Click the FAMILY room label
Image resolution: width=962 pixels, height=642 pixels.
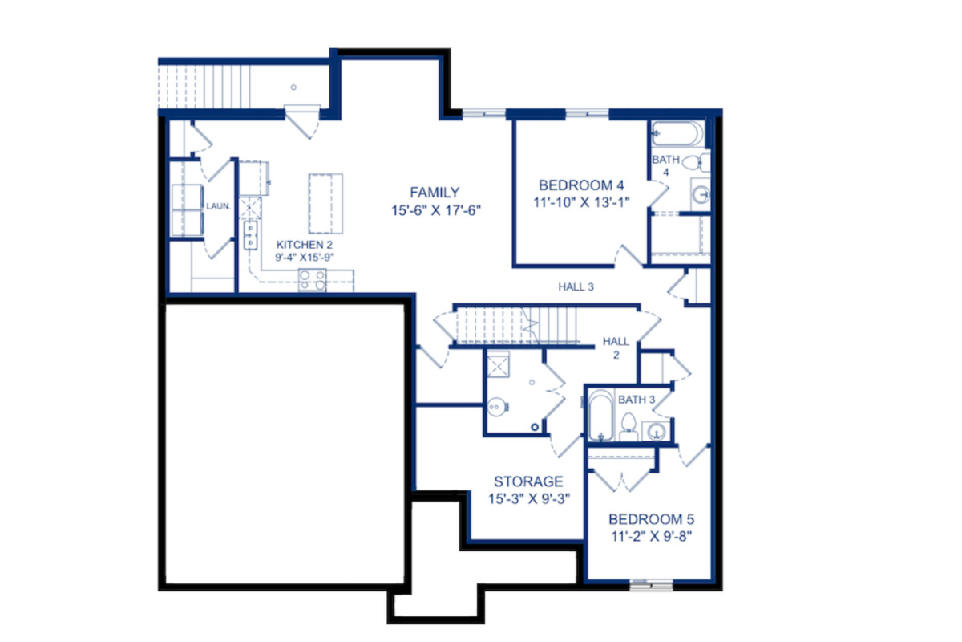435,193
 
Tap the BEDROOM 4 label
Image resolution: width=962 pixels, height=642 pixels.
581,185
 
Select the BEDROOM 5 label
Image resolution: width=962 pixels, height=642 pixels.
651,519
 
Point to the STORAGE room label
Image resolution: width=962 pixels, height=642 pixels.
528,481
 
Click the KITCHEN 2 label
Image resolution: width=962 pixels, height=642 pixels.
305,245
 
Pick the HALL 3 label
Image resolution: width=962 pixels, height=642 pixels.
576,286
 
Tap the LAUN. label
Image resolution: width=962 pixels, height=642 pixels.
219,206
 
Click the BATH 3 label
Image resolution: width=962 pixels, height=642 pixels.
637,400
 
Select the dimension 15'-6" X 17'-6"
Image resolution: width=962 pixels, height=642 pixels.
436,211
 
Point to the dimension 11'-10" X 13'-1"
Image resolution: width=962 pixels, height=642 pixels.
581,202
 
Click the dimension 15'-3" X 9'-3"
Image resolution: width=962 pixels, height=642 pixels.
529,499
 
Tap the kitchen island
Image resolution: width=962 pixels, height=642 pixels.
325,203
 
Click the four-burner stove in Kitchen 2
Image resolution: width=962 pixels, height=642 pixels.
312,280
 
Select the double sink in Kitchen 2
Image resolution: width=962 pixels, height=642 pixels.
250,235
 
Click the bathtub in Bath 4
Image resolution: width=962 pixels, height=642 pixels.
677,134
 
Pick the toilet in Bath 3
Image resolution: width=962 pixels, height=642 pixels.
629,426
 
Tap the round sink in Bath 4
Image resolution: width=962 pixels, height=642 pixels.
701,195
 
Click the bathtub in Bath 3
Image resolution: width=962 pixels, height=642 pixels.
600,416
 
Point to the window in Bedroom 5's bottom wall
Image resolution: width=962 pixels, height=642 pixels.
651,585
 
